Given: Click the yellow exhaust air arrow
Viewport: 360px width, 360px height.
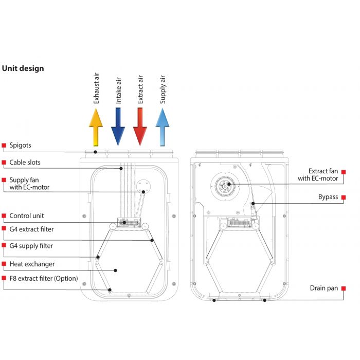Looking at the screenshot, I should (96, 127).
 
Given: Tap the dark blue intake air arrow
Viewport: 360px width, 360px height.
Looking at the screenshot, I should (118, 127).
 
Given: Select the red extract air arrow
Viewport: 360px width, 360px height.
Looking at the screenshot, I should (140, 127).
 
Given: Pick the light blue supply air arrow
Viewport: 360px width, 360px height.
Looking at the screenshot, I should (163, 127).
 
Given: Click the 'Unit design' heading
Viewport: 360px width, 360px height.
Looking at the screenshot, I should (23, 68).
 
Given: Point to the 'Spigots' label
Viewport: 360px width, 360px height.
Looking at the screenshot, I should (21, 146).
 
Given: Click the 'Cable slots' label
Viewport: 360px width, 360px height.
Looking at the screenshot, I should (25, 163).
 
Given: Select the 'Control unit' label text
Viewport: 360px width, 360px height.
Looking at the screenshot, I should (27, 216).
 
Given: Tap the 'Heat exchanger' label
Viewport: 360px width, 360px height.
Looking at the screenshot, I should (32, 264).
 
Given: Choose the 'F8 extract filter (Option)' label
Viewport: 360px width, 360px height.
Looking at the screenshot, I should (44, 279).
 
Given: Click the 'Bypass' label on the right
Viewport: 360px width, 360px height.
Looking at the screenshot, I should (328, 197).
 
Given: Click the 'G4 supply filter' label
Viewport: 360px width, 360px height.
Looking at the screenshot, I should (31, 246).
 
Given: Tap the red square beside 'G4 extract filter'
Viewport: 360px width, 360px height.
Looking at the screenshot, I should (4, 229).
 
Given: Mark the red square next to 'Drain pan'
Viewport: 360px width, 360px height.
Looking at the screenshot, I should (344, 289).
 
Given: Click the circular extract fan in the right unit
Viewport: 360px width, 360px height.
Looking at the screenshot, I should (225, 184).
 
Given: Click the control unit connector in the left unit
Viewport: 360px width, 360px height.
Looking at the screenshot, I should (126, 223).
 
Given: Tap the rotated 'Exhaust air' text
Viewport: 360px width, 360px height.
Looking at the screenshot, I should (96, 88).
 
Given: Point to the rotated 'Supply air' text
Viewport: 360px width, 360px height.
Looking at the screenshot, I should (163, 89).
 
